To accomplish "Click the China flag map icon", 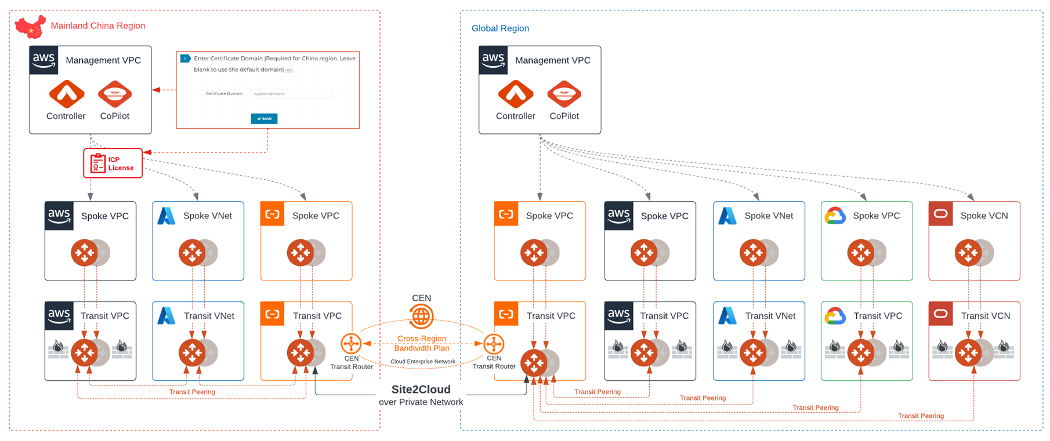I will point(30,27).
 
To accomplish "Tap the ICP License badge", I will point(113,163).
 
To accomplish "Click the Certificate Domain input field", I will point(291,93).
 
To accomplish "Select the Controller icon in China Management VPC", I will point(66,94).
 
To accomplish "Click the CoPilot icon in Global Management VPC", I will point(564,94).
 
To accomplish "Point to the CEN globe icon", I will point(421,316).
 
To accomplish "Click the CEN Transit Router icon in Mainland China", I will point(351,344).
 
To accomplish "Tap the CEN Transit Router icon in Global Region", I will point(494,344).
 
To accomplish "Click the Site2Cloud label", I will point(421,389).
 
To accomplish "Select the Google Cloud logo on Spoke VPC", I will point(835,216).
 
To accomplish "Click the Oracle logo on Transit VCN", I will point(940,315).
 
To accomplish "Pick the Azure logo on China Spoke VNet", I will point(166,216).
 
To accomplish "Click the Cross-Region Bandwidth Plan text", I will point(422,343).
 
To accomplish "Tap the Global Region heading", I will point(500,28).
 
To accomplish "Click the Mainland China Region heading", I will point(97,25).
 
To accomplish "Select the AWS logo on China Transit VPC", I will point(59,315).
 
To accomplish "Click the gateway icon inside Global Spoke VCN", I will point(968,253).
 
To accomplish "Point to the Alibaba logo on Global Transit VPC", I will point(506,314).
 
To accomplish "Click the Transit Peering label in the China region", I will point(192,392).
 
